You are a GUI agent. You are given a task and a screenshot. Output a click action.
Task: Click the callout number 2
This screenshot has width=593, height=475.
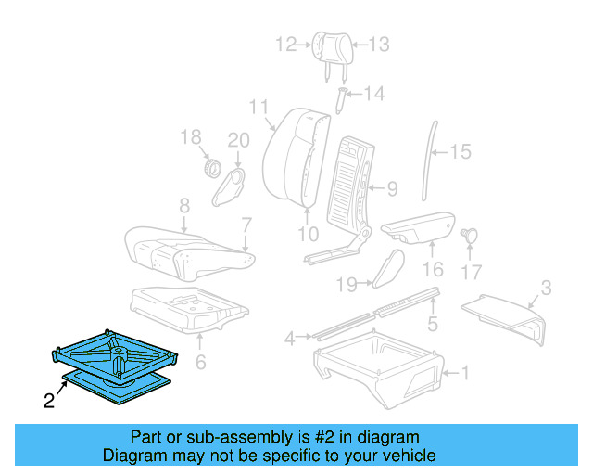48,402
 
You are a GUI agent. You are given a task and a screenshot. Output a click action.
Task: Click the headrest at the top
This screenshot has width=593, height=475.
332,44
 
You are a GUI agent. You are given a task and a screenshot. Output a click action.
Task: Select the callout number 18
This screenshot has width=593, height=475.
190,138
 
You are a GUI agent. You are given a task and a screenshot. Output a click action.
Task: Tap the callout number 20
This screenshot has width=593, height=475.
239,140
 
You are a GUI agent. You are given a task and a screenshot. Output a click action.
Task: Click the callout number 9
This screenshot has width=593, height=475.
392,188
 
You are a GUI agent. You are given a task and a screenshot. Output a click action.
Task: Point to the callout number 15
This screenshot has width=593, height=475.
461,151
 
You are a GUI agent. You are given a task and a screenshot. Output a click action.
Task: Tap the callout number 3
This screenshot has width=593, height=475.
546,288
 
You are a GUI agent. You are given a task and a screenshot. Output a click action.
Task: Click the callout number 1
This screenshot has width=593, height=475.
465,374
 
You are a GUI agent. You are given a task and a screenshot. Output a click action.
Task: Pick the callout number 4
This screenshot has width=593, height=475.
290,338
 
